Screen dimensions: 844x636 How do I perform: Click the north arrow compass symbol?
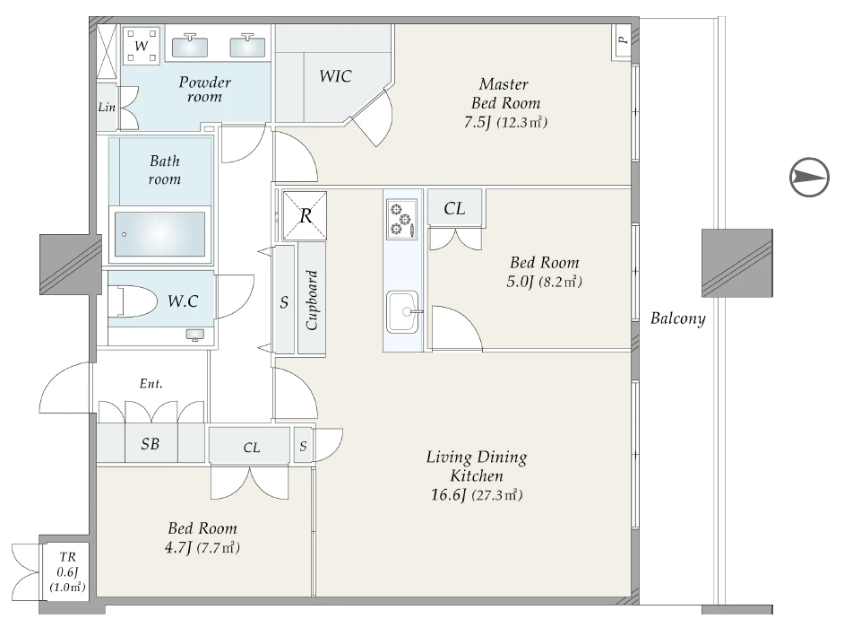(809, 178)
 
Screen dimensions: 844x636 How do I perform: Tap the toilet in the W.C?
(133, 301)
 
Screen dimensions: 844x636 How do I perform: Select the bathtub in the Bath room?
(159, 234)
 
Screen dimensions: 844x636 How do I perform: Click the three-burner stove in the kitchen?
(401, 220)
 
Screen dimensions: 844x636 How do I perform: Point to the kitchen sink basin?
(402, 311)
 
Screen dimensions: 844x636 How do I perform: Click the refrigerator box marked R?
(305, 215)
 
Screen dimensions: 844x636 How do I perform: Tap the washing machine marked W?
(142, 45)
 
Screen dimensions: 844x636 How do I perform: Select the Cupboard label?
(312, 300)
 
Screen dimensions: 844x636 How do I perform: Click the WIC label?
(335, 76)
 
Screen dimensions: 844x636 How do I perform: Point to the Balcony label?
(677, 318)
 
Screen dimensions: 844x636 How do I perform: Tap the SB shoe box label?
(151, 443)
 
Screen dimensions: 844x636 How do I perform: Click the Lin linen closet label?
(107, 108)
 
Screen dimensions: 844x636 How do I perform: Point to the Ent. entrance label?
(151, 383)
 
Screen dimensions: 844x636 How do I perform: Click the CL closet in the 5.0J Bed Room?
(455, 208)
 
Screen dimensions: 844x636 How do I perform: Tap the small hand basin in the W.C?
(194, 335)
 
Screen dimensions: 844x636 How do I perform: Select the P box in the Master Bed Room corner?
(621, 42)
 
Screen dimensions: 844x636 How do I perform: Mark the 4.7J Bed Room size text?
(202, 547)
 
